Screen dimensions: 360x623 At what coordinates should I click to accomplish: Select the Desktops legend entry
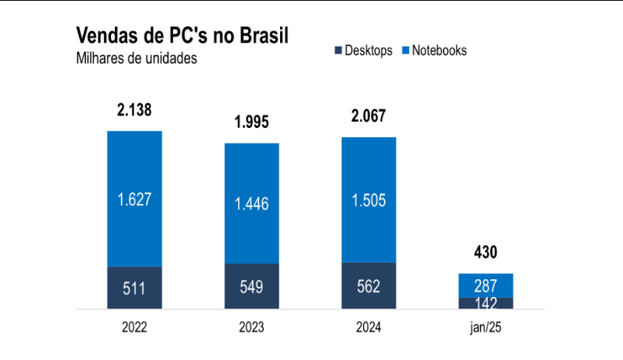pos(362,50)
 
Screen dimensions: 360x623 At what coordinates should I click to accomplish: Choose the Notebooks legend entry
pos(434,50)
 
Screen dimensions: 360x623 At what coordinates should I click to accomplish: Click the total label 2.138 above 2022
pos(134,111)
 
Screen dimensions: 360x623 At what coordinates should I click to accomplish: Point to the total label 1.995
pos(252,123)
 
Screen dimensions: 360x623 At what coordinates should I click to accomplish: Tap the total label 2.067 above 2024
pos(369,116)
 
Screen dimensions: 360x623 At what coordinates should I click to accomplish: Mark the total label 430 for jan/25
pos(486,252)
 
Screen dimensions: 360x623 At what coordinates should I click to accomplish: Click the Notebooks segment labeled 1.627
pos(134,199)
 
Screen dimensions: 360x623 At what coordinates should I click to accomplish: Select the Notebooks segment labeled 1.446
pos(252,204)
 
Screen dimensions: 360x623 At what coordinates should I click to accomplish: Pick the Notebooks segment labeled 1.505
pos(369,200)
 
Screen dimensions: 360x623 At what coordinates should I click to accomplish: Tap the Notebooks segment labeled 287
pos(486,285)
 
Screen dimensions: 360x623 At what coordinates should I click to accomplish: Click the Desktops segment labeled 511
pos(134,288)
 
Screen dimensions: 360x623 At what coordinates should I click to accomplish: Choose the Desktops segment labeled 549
pos(252,286)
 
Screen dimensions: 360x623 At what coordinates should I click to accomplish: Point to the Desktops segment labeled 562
pos(369,286)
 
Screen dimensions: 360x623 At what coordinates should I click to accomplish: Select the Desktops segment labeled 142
pos(486,303)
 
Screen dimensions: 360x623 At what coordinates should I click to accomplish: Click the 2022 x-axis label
pos(134,327)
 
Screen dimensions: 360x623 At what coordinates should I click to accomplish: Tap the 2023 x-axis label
pos(252,327)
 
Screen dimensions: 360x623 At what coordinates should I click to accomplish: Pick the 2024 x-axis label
pos(369,327)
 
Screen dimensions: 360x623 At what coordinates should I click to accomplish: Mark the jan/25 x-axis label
pos(486,327)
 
